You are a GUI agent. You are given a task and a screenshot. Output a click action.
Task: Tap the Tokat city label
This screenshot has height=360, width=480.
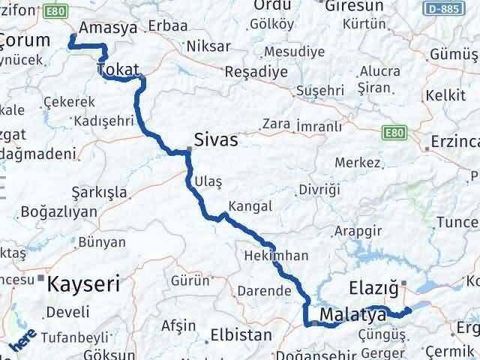click(118, 70)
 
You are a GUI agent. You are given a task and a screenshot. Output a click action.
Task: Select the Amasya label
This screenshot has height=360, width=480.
click(108, 27)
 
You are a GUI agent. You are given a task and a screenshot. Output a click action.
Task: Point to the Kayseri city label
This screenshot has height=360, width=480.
click(84, 284)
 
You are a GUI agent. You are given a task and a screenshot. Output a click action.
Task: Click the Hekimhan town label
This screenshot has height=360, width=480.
click(276, 256)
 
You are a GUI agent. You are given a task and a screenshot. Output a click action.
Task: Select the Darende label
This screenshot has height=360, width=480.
click(262, 290)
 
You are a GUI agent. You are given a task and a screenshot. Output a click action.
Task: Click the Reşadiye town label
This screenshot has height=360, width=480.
click(257, 72)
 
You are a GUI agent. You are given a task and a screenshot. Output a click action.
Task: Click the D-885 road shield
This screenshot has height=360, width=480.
click(458, 6)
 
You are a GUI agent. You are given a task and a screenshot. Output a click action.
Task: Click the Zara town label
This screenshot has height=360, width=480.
click(277, 124)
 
